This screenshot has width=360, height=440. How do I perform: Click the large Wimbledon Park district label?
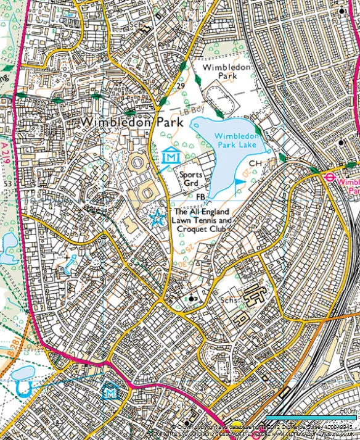(x=132, y=122)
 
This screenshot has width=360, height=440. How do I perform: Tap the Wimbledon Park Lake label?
(x=235, y=140)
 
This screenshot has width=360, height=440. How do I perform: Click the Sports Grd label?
(x=191, y=179)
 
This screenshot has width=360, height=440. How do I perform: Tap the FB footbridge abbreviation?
(x=200, y=197)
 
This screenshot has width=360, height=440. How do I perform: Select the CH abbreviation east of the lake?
(x=257, y=164)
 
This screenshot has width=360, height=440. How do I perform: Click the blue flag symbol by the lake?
(x=239, y=183)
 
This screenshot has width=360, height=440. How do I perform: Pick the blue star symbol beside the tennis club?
(x=157, y=217)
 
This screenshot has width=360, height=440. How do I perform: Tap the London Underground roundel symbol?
(x=330, y=176)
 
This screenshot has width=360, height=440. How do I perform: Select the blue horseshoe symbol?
(x=23, y=388)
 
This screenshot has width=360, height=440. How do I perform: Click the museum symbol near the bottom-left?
(x=110, y=391)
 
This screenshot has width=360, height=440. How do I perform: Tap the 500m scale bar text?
(x=348, y=411)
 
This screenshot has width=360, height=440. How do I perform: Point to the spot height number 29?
(x=181, y=85)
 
